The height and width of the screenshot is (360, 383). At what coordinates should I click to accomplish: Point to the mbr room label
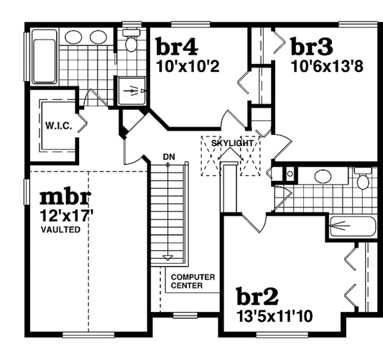coord(64,196)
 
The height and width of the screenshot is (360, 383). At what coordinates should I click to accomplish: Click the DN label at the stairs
coord(169,157)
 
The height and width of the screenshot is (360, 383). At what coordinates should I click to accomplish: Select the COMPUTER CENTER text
coord(193,281)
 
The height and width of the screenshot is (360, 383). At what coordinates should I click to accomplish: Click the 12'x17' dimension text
coord(66,215)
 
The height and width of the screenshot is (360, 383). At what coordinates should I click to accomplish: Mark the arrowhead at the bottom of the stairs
coord(168,259)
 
